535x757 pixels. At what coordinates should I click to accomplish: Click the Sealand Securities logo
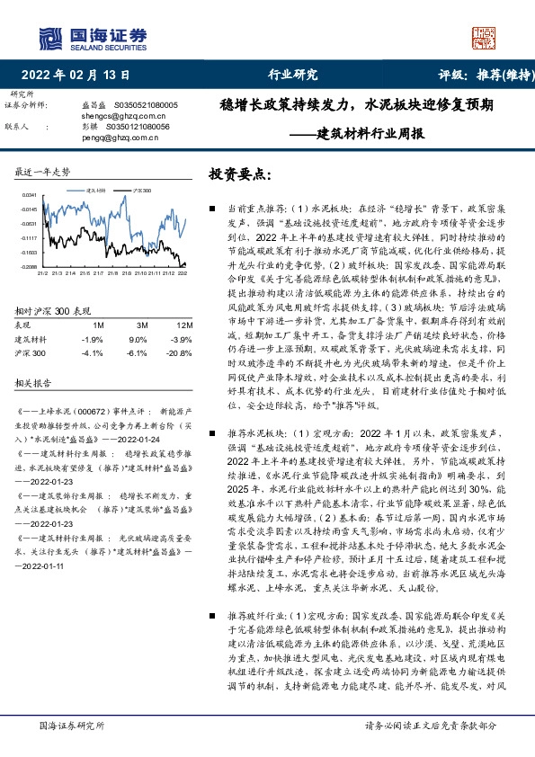[x=93, y=38]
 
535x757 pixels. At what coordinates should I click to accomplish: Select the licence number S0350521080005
[x=145, y=106]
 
